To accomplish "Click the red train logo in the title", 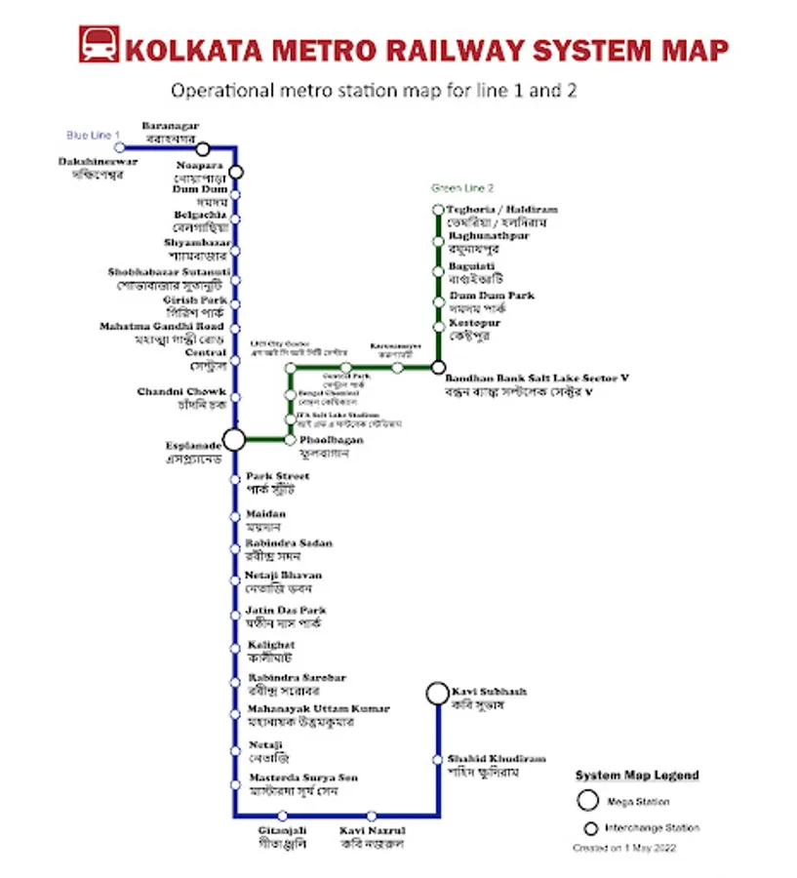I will click(x=98, y=46).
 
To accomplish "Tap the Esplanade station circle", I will click(x=234, y=439).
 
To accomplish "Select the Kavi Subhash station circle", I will click(x=437, y=693).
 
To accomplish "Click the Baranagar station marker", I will click(x=203, y=149).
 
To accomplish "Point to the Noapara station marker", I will click(x=235, y=173).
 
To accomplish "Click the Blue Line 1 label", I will click(x=93, y=135).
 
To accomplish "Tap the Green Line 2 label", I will click(x=462, y=188).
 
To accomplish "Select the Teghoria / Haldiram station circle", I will click(x=438, y=210).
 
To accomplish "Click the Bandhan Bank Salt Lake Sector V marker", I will click(x=438, y=368).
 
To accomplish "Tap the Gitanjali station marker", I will click(x=283, y=816).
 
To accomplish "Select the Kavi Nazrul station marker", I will click(x=372, y=816).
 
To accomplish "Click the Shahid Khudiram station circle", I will click(x=437, y=759).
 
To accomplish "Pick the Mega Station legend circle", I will click(x=587, y=801).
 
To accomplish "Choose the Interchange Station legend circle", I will click(x=590, y=828).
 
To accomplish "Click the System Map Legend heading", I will click(x=636, y=777).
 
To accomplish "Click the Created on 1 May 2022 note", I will click(x=623, y=849).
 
